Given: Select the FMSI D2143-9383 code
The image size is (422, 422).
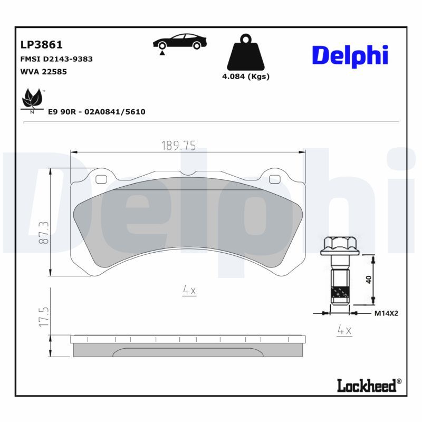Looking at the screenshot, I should point(56,59).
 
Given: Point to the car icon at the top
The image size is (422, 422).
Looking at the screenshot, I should point(179,42).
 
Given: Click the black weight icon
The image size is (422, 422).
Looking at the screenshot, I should point(245,53).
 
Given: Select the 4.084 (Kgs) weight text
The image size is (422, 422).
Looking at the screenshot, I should point(245,76).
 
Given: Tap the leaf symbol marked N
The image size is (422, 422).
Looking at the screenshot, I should point(32,100).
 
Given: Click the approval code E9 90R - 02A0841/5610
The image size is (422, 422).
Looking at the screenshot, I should point(97,112).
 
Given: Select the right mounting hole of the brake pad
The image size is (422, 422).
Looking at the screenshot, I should point(274,179).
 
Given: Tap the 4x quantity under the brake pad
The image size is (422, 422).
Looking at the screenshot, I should point(189,290).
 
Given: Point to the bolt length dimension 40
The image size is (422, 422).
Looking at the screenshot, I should point(369,279).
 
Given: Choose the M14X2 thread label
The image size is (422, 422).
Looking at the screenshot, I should point(386,313).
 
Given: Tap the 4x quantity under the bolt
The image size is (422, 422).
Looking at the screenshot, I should point(344,331).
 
